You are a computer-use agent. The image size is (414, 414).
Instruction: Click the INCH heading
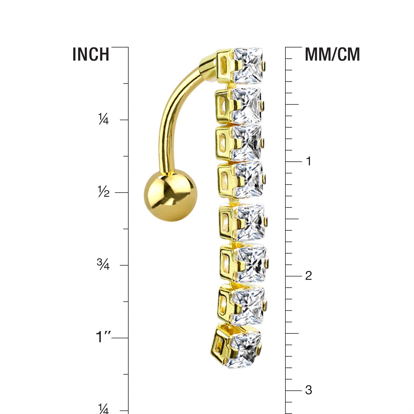click(x=91, y=54)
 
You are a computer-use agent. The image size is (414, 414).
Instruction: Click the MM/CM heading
click(x=332, y=54)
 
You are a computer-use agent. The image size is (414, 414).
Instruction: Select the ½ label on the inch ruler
click(x=104, y=192)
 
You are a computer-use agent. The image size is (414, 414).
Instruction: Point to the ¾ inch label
click(x=103, y=265)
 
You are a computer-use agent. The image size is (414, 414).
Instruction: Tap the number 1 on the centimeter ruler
click(x=309, y=161)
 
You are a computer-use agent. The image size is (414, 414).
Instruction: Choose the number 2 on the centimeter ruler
click(x=309, y=276)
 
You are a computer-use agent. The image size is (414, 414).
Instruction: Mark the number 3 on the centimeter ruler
click(x=309, y=390)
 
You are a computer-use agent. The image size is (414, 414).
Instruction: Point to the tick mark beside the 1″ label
click(x=120, y=338)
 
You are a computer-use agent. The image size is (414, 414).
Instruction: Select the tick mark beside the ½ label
click(x=121, y=192)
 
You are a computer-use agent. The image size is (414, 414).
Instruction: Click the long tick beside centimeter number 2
click(x=294, y=276)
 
